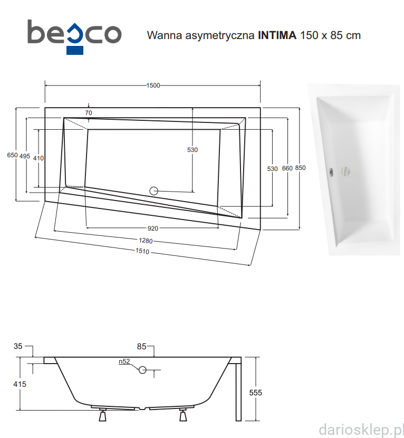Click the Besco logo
pos(74,37)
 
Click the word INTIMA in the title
pos(277,35)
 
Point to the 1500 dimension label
pos(153,85)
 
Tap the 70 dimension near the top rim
pos(89,113)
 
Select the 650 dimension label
pos(12,155)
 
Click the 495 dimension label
pos(25,156)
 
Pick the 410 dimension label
pos(39,158)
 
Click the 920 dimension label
pos(153,228)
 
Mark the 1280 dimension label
pos(146,241)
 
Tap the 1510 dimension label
pos(142,251)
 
